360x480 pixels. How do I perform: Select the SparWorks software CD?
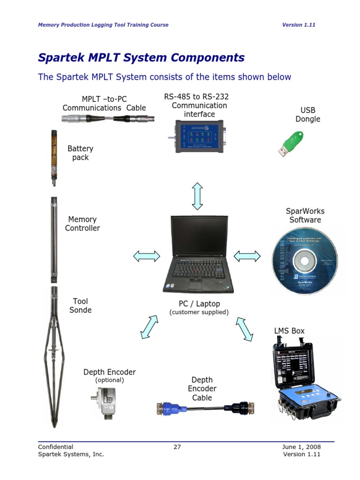[x=305, y=260]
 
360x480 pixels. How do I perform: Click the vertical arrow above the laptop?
[x=197, y=196]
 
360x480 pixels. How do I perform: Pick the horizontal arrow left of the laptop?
[x=146, y=256]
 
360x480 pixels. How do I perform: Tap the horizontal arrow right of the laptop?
[x=247, y=256]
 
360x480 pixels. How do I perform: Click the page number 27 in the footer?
[x=177, y=447]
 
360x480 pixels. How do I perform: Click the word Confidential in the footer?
[x=55, y=447]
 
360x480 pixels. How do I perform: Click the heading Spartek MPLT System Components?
[x=141, y=58]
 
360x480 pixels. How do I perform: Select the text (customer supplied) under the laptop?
[x=199, y=312]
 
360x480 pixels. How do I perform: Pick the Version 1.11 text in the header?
[x=299, y=25]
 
